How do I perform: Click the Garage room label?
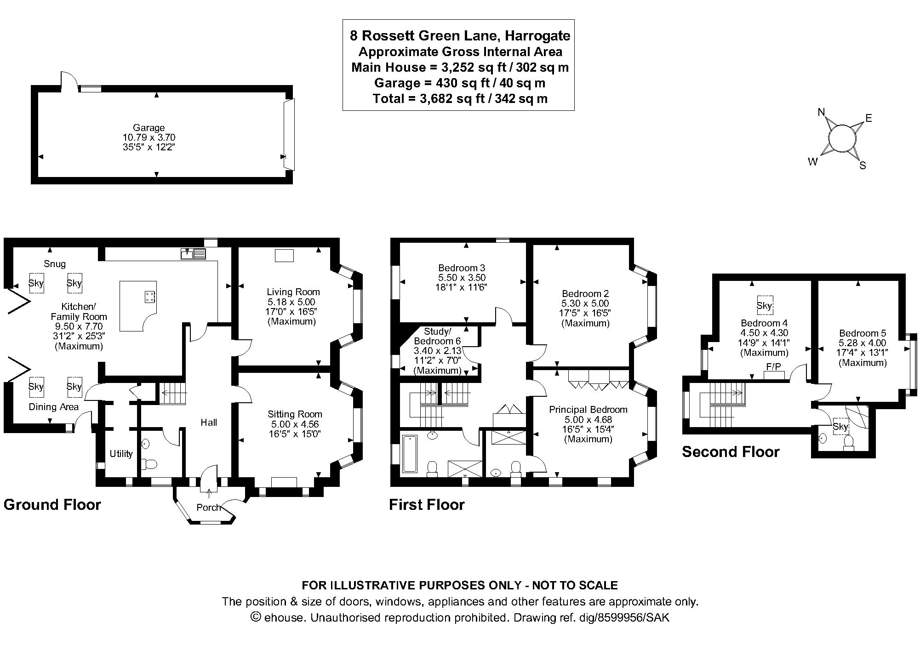click(149, 128)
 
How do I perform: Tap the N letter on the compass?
click(822, 112)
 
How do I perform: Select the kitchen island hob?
click(150, 297)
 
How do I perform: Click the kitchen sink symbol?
click(194, 253)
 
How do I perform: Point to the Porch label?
click(208, 508)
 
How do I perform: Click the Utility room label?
click(121, 454)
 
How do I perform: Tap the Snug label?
click(55, 264)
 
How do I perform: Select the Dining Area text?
click(53, 407)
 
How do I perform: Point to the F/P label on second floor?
click(773, 367)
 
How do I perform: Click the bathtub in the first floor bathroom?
click(409, 454)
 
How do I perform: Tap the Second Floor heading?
click(730, 452)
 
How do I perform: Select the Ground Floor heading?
click(52, 505)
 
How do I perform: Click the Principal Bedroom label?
click(588, 410)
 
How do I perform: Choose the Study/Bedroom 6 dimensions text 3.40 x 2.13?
click(437, 351)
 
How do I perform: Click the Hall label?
click(209, 423)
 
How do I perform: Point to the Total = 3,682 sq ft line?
click(459, 99)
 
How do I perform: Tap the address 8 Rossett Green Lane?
click(459, 35)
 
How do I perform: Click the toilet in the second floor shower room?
click(849, 442)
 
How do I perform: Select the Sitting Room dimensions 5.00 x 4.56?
click(294, 424)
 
